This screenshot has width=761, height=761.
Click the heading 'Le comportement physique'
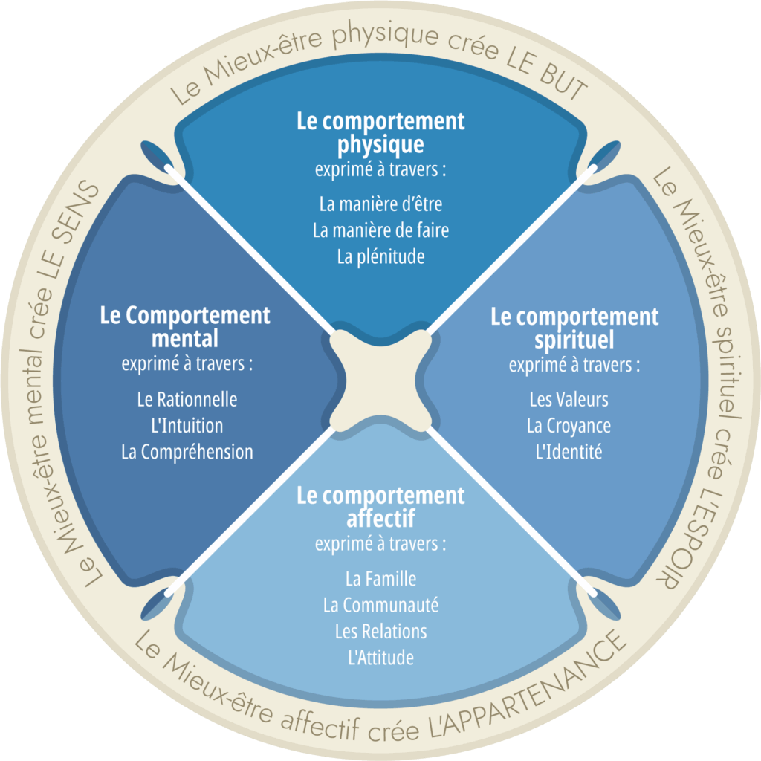380,132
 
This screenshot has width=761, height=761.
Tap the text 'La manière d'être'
380,203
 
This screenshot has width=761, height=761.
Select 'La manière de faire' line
380,230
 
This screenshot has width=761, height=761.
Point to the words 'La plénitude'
380,257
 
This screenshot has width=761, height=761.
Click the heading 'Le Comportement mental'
185,326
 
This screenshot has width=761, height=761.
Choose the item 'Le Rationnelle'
187,399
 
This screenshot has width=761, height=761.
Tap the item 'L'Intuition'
187,426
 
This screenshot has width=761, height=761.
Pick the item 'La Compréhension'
187,452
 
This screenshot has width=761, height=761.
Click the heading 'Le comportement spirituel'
574,328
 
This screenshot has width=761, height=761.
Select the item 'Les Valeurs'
569,399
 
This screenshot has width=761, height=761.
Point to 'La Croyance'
569,426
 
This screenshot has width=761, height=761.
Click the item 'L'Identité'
569,452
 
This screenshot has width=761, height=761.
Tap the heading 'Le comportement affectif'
380,506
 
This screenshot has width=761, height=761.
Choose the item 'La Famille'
380,578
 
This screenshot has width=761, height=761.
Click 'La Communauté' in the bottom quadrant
380,605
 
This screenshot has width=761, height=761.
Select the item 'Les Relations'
380,632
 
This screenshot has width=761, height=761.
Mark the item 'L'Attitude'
380,658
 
